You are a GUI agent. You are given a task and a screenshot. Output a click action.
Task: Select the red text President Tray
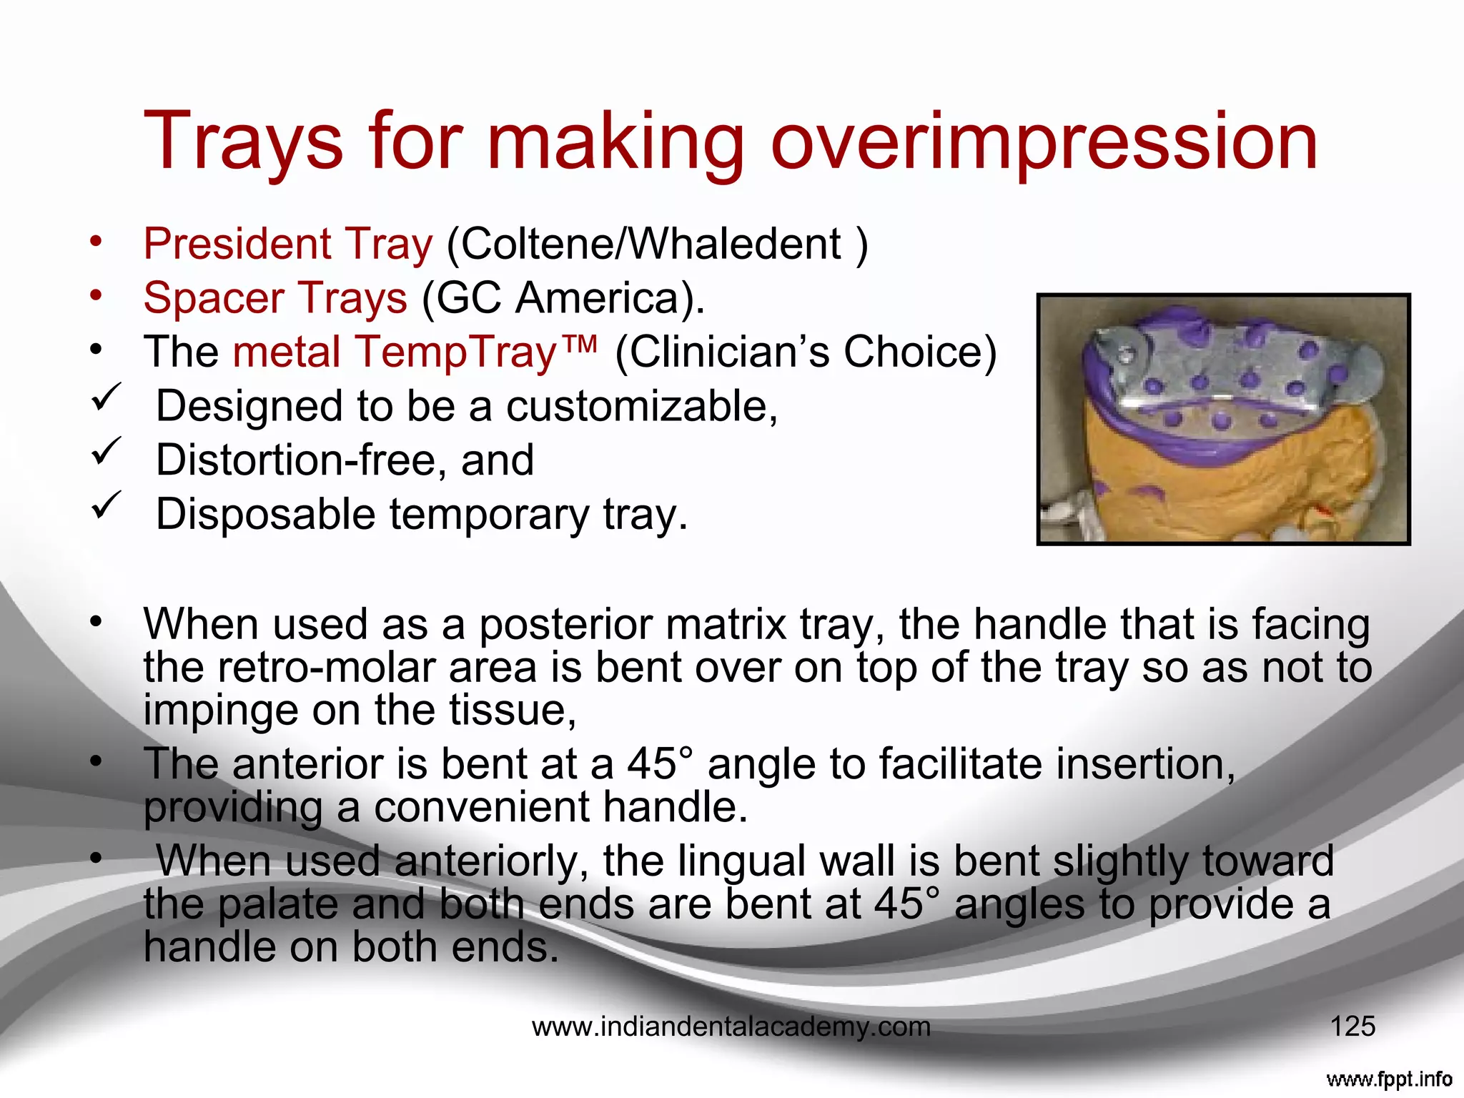click(x=288, y=244)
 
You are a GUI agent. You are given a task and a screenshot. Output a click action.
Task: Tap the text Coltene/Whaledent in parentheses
click(x=651, y=244)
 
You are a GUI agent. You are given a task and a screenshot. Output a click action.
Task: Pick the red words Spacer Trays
click(x=275, y=297)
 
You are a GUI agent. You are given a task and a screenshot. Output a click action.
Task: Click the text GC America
click(x=561, y=297)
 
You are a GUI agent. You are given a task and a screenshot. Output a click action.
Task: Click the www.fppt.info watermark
click(x=1388, y=1079)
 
